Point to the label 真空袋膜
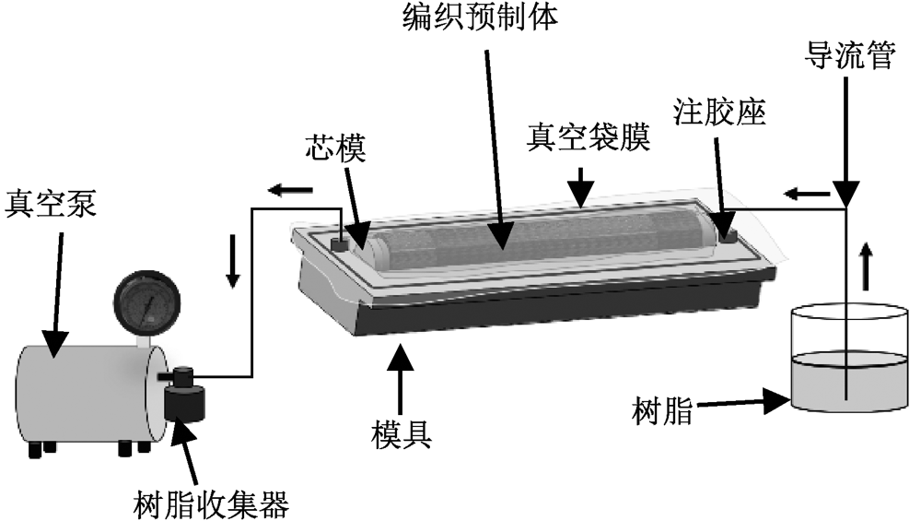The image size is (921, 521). click(x=589, y=139)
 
